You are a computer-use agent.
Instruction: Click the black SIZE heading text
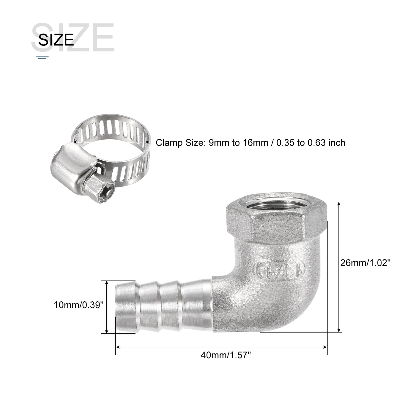[56, 40]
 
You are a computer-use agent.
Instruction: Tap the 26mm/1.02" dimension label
[365, 263]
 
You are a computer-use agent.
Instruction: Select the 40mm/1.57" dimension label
[226, 355]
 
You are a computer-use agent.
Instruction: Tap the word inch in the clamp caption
[337, 143]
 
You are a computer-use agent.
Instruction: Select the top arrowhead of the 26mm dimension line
[339, 204]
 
